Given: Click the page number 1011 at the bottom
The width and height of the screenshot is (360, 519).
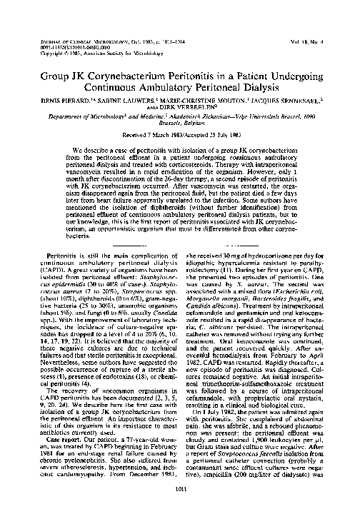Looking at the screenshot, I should (x=179, y=507).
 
